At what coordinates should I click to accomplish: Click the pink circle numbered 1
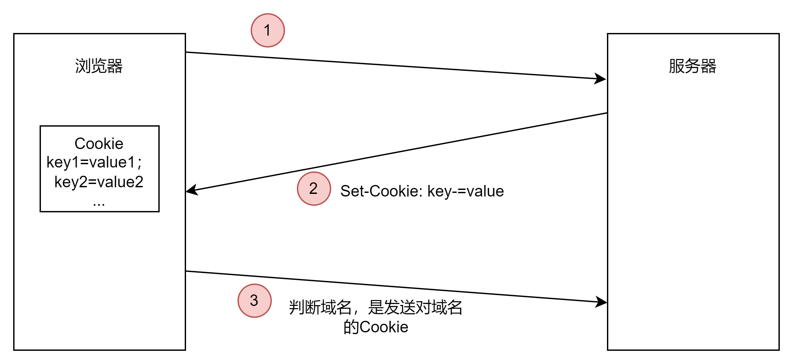tap(268, 30)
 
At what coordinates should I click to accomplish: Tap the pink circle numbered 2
tap(314, 189)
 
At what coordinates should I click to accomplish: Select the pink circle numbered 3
tap(254, 300)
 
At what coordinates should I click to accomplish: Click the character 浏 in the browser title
tap(83, 66)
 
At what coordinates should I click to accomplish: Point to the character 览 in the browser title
tap(99, 66)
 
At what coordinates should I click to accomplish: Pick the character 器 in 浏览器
tap(115, 66)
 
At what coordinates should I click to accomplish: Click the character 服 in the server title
tap(677, 66)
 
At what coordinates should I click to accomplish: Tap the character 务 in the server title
tap(692, 66)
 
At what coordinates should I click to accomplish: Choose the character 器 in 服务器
tap(709, 66)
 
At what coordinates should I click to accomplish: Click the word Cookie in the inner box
tap(99, 144)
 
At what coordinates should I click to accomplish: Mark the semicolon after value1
tap(140, 163)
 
